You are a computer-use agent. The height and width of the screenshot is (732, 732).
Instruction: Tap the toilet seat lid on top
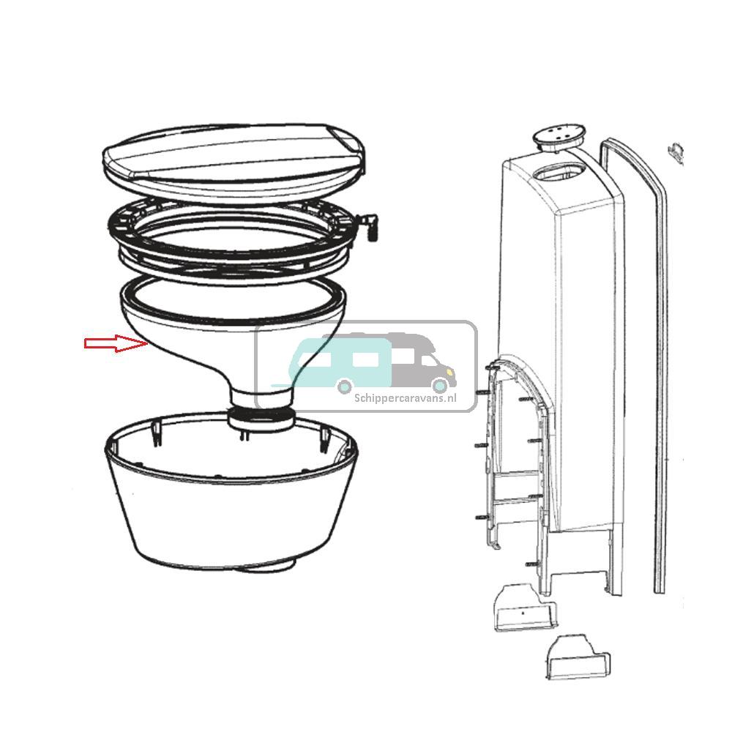[227, 157]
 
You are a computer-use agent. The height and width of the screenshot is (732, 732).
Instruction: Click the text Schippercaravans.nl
[405, 398]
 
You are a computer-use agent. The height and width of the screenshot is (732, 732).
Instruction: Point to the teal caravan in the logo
[344, 359]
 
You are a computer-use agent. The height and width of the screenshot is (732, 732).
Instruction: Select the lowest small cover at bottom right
[578, 657]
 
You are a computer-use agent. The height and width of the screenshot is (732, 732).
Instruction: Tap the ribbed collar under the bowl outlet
[261, 419]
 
